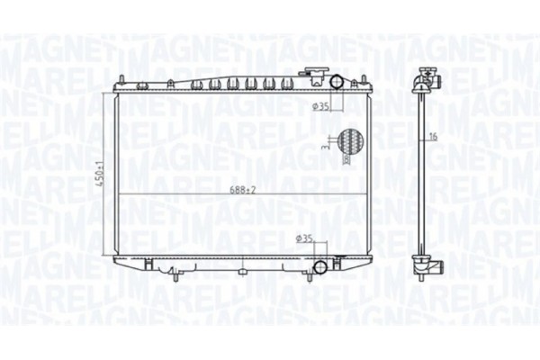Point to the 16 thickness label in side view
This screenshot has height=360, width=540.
tap(432, 137)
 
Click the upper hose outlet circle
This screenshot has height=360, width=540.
tap(337, 84)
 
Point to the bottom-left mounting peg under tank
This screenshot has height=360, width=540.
tap(144, 266)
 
